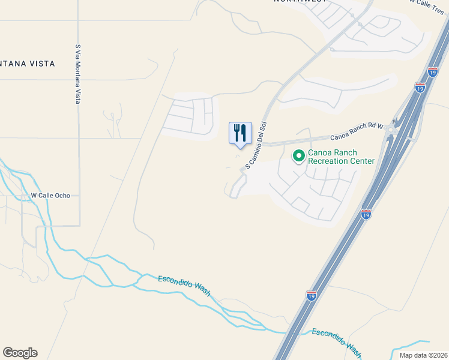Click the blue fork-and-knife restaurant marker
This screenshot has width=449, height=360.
(240, 133)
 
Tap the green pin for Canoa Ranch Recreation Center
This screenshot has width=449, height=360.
(298, 156)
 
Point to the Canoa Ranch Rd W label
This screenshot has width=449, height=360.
(357, 126)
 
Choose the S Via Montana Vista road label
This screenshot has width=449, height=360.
(78, 73)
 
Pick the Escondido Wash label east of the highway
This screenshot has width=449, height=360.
(336, 342)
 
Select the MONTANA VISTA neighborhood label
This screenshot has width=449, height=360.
(27, 64)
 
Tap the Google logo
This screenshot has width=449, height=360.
(20, 353)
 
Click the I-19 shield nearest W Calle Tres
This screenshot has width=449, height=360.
(432, 73)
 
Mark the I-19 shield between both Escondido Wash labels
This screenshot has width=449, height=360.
(311, 295)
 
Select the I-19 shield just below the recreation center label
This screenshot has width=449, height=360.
(366, 214)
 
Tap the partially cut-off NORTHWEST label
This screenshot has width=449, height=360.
(300, 1)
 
